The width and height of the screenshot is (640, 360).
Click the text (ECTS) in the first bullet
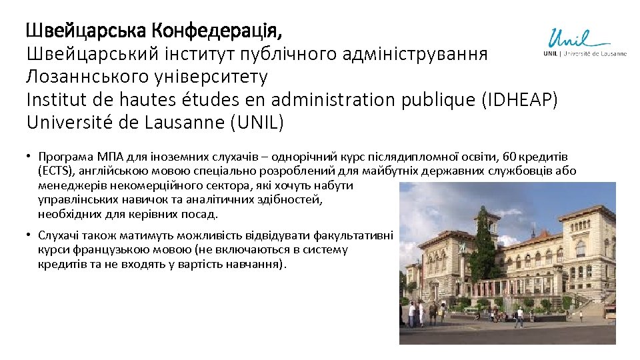tap(56, 171)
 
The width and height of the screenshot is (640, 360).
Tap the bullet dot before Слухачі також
tap(29, 235)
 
